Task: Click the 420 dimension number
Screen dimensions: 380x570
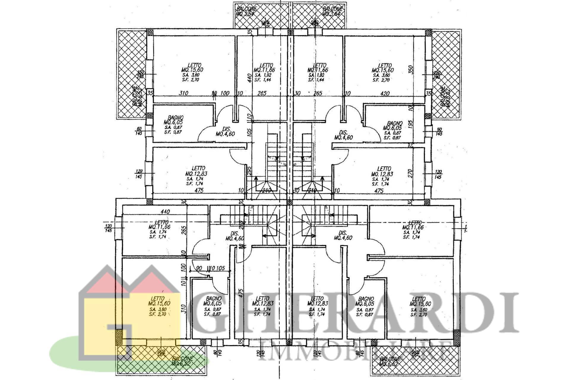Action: pos(385,93)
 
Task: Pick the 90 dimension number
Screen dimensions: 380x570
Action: pos(199,268)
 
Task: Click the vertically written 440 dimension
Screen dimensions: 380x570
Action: pos(250,78)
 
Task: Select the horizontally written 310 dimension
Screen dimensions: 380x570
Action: pos(183,93)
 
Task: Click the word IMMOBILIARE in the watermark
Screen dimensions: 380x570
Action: pos(355,350)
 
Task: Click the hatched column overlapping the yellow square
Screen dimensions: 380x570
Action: pos(119,337)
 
